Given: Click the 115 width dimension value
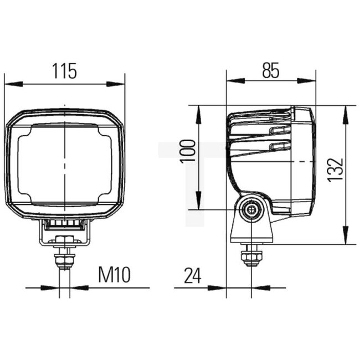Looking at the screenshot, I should coord(64,71).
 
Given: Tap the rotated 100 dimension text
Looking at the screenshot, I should coord(188,151).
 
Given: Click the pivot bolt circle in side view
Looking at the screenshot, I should coord(252,210).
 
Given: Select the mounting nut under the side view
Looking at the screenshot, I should coord(251,258).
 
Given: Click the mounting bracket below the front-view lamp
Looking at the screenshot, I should coord(64,230).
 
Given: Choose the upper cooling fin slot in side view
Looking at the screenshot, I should coord(280,130).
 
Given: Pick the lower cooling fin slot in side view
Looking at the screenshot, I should coord(280,146).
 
